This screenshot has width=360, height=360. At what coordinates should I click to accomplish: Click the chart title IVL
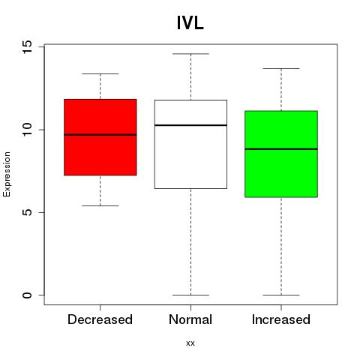(x=190, y=23)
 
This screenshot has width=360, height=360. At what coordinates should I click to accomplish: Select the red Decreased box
(x=100, y=137)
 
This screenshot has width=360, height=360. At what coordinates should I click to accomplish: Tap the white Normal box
(x=190, y=144)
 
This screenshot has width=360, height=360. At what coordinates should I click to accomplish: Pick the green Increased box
(x=281, y=154)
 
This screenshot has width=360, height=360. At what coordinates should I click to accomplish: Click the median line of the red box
(x=100, y=135)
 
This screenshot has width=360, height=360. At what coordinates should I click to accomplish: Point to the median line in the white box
(x=190, y=125)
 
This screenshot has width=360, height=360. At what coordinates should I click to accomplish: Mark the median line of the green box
(x=281, y=149)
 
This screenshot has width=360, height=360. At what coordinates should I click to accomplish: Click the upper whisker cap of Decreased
(x=100, y=73)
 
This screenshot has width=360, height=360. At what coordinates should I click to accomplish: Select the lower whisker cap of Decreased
(x=100, y=205)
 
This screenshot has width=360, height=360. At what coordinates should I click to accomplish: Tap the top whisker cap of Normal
(x=190, y=54)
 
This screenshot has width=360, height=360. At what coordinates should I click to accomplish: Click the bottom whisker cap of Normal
(x=190, y=295)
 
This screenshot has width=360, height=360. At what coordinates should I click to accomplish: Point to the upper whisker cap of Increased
(x=281, y=68)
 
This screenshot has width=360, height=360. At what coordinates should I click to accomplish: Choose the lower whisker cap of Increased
(x=281, y=295)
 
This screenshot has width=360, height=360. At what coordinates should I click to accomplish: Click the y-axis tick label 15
(x=28, y=47)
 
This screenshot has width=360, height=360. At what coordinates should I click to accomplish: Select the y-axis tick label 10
(x=28, y=130)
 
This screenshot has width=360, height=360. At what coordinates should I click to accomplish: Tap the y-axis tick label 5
(x=28, y=212)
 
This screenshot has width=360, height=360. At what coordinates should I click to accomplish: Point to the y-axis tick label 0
(x=28, y=295)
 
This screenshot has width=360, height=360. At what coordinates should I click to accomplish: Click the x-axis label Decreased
(x=100, y=319)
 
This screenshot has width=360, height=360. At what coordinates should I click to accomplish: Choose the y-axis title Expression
(x=7, y=174)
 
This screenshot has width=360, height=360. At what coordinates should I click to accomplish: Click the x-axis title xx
(x=190, y=343)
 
